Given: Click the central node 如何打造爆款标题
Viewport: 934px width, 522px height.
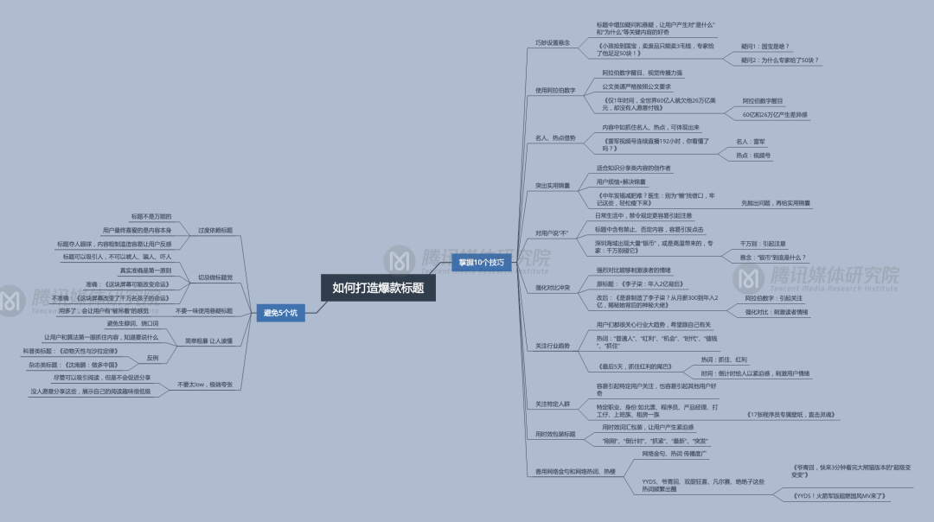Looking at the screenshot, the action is [378, 288].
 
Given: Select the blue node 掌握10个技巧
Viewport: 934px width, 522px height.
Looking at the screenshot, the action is [481, 261].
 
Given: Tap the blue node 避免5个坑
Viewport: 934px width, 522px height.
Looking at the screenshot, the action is [280, 313].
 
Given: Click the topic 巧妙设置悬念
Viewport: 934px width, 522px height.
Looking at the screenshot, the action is [553, 42].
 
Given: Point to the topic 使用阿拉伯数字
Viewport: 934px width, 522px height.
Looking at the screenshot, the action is [555, 90].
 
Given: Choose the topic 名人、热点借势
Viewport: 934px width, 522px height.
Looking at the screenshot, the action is [555, 137].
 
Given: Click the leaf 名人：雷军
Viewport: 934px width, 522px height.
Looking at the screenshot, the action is [751, 141].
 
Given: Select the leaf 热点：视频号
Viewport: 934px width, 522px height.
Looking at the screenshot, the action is [753, 156].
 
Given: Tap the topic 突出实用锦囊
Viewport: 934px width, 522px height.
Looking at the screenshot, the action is [553, 186].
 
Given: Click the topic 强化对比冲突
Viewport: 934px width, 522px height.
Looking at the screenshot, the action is [553, 287].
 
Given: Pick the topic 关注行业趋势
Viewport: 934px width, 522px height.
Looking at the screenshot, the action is [553, 346].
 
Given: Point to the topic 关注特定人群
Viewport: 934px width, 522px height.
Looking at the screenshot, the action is [553, 404].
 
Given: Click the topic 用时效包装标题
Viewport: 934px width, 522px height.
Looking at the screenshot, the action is [555, 434].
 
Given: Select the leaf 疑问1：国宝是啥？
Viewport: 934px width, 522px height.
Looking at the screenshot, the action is [765, 46].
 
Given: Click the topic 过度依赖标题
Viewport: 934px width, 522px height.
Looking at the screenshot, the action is [215, 231].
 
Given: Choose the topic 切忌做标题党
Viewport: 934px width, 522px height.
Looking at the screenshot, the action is [215, 277].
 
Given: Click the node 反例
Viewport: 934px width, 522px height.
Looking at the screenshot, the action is [152, 358].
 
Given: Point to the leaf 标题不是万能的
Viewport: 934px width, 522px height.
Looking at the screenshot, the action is [151, 216].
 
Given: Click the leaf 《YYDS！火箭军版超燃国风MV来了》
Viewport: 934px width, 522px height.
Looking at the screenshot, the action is [840, 497].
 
